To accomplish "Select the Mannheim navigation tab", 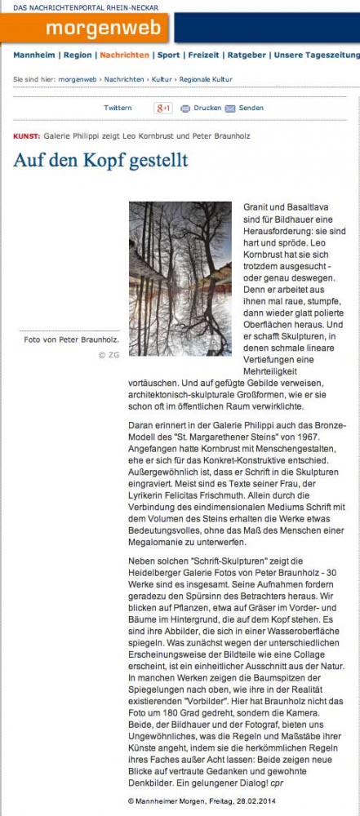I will (33, 55).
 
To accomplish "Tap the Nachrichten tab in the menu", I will (124, 55).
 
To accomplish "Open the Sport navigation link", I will (169, 55).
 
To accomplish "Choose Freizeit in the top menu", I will (204, 55).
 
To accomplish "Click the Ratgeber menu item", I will (247, 55).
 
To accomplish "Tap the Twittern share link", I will (118, 108).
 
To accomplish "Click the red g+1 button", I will (163, 108).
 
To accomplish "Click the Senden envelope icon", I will (230, 108).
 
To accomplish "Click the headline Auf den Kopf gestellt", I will (100, 159).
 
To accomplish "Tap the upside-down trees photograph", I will (180, 278).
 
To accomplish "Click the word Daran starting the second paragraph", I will (144, 425).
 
